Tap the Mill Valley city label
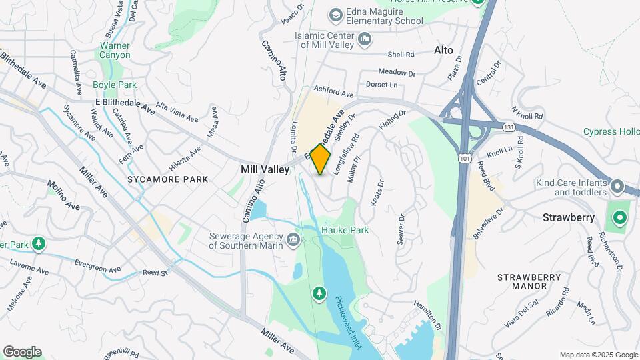pyautogui.click(x=265, y=170)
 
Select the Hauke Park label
pyautogui.click(x=345, y=230)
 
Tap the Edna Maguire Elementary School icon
pyautogui.click(x=337, y=15)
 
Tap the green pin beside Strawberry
pyautogui.click(x=619, y=218)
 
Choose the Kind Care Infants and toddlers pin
pyautogui.click(x=617, y=186)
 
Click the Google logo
pyautogui.click(x=22, y=352)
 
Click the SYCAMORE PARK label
pyautogui.click(x=168, y=179)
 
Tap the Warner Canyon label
pyautogui.click(x=115, y=51)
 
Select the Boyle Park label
pyautogui.click(x=114, y=85)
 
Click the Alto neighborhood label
pyautogui.click(x=443, y=50)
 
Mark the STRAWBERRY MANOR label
pyautogui.click(x=522, y=281)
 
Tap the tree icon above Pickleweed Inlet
pyautogui.click(x=320, y=293)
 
